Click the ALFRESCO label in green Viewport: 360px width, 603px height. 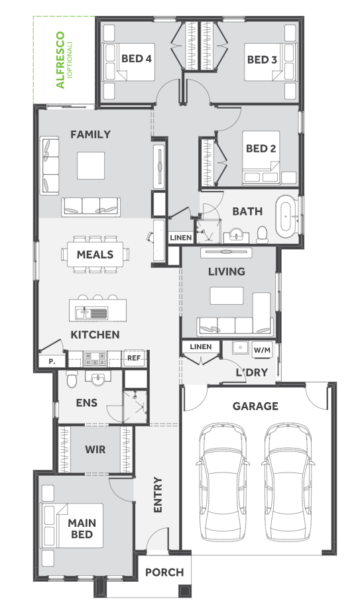coord(60,60)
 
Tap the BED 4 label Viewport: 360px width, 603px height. coord(137,58)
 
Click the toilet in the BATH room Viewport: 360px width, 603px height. coord(263,235)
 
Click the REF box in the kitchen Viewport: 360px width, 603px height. coord(134,358)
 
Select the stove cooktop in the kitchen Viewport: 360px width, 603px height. coord(95,358)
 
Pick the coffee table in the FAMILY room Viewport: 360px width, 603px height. coord(91,166)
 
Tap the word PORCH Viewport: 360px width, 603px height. coord(164,573)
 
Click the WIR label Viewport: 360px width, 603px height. coord(95,449)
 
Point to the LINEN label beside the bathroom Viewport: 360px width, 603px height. coord(181,238)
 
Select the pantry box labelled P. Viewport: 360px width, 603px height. coord(52,362)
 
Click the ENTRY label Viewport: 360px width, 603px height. coord(158,495)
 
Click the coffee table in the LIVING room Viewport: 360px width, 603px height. coord(227,296)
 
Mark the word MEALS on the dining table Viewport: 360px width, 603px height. coord(95,254)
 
